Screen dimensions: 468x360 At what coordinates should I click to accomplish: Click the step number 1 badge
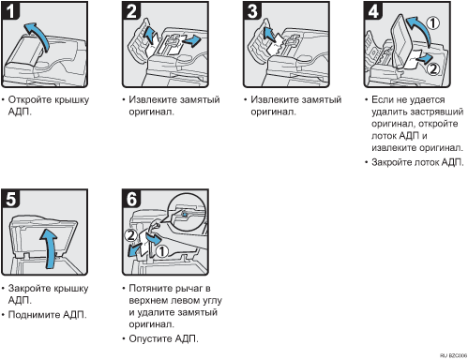9,10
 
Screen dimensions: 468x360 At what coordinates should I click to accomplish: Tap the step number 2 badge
131,10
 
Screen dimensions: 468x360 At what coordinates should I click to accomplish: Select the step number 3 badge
252,10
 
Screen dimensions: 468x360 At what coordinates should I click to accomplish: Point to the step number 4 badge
373,10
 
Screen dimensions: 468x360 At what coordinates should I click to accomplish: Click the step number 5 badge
10,199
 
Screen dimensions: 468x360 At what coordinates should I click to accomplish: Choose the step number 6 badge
131,199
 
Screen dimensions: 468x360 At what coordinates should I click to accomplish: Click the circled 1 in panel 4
433,23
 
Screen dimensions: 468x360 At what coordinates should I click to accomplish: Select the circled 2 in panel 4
433,68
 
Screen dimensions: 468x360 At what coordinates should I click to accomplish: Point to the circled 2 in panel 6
130,235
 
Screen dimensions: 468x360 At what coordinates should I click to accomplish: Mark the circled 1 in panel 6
162,251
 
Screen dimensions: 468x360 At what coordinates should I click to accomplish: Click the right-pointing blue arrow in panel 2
191,40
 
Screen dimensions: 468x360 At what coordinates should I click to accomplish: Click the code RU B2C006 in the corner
453,355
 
